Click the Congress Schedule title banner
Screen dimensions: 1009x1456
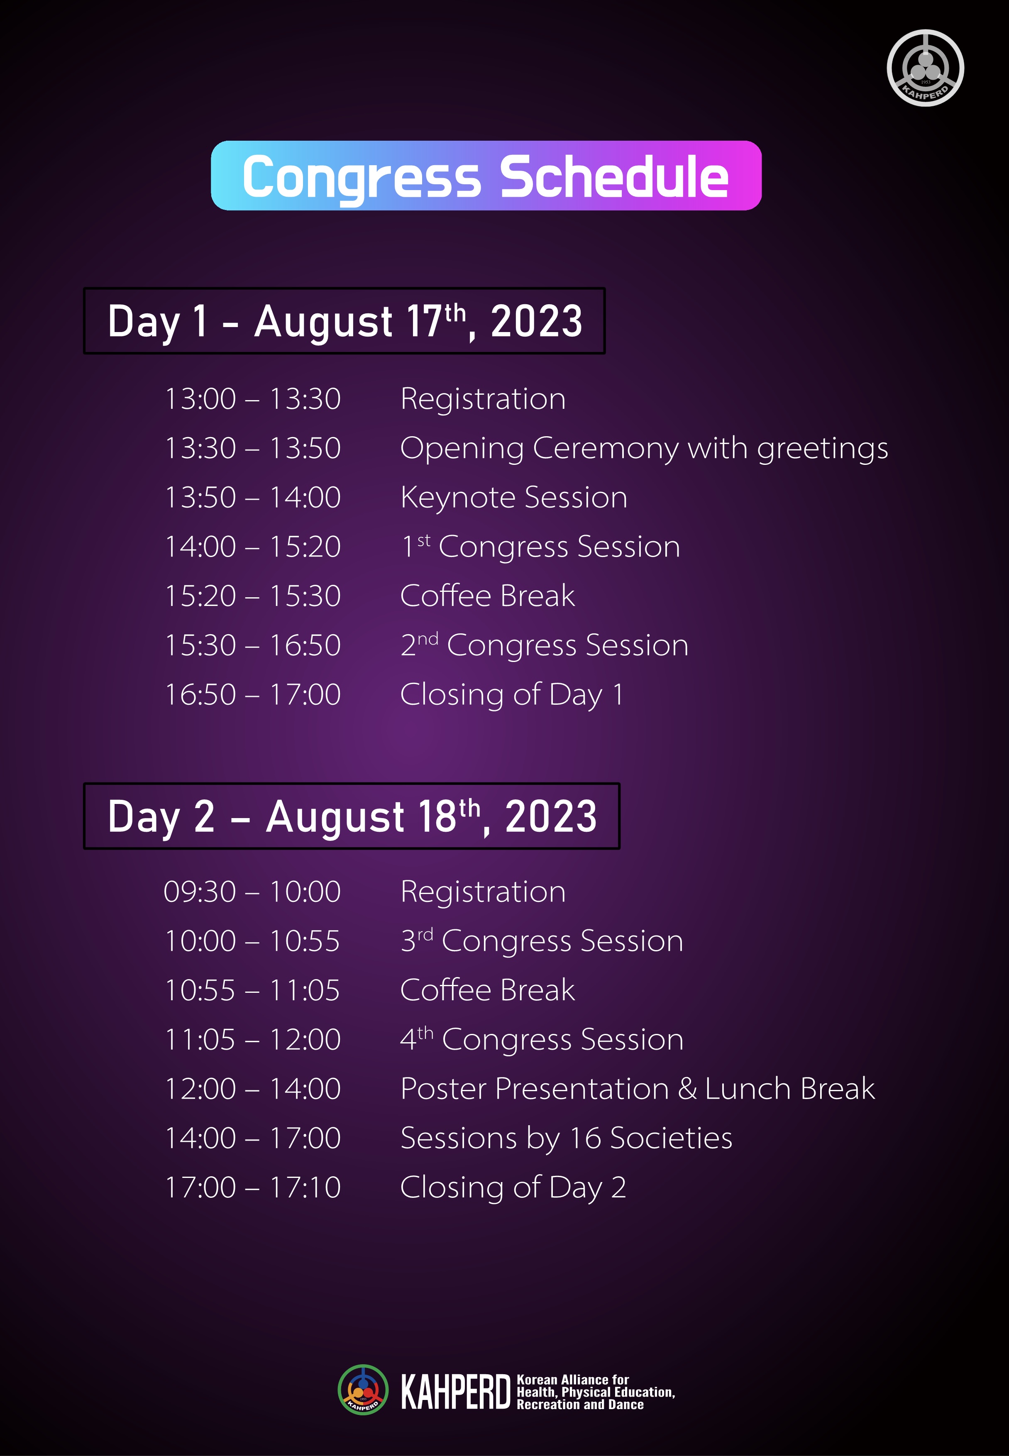[x=486, y=175]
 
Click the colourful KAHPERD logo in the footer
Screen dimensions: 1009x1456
[x=363, y=1390]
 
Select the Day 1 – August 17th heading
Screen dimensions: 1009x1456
[x=344, y=320]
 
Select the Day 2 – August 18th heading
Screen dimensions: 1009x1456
[x=352, y=816]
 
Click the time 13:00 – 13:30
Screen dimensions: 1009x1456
[x=252, y=399]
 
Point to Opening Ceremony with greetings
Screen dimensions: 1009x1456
[x=644, y=449]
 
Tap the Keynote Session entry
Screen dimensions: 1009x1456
[x=514, y=498]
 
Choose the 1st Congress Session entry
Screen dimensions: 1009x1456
[x=540, y=546]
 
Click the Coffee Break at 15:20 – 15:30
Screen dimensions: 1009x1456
[x=487, y=596]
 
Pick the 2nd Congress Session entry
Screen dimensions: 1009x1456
[x=544, y=645]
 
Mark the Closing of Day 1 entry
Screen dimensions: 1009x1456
[x=511, y=695]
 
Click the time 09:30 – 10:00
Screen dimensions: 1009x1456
[x=252, y=892]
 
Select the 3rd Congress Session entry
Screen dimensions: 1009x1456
[x=542, y=941]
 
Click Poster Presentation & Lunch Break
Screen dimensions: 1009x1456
[x=637, y=1089]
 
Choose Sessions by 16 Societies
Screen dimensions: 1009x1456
[x=567, y=1138]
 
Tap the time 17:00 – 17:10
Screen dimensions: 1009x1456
[x=252, y=1187]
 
